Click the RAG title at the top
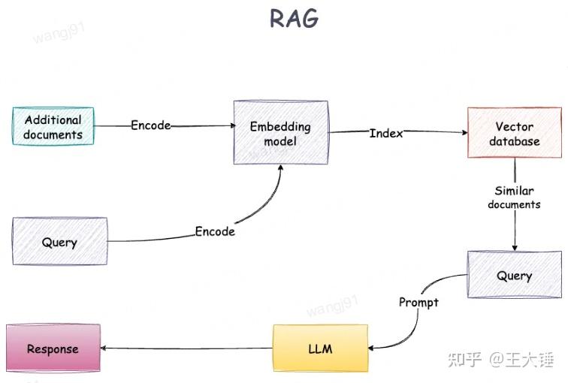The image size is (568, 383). [295, 18]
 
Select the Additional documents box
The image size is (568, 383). [53, 127]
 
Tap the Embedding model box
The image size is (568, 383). [279, 134]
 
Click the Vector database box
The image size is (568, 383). [514, 133]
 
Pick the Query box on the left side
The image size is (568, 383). [59, 242]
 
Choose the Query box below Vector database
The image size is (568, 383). [514, 276]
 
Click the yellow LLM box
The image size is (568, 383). [320, 348]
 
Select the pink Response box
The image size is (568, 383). [53, 348]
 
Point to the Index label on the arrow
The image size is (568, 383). [386, 133]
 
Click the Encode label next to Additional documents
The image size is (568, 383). [151, 125]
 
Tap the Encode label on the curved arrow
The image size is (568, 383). [215, 231]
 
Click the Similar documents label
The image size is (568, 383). [514, 198]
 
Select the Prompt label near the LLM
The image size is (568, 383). [418, 302]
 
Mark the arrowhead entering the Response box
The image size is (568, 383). [104, 348]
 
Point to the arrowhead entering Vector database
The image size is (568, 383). [463, 133]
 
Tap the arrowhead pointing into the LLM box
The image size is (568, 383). [373, 348]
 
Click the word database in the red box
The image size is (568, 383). [514, 141]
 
